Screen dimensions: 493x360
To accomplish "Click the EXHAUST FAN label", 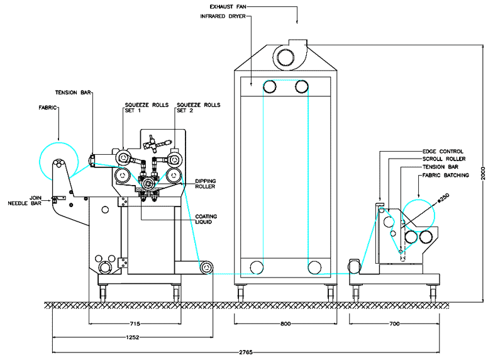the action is [228, 6].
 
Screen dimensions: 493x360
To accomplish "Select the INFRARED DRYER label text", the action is [223, 16].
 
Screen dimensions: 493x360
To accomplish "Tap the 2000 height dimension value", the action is [483, 174].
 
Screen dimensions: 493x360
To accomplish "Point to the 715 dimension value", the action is [135, 323].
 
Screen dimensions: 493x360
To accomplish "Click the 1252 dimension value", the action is [132, 337].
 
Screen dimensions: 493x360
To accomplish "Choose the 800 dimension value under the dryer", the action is [285, 323].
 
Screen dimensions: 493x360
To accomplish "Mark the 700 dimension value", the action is [394, 323].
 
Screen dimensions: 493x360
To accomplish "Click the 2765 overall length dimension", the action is [245, 352].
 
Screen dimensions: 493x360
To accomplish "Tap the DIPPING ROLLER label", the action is [205, 184].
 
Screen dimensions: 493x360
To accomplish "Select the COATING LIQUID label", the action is [206, 219].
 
